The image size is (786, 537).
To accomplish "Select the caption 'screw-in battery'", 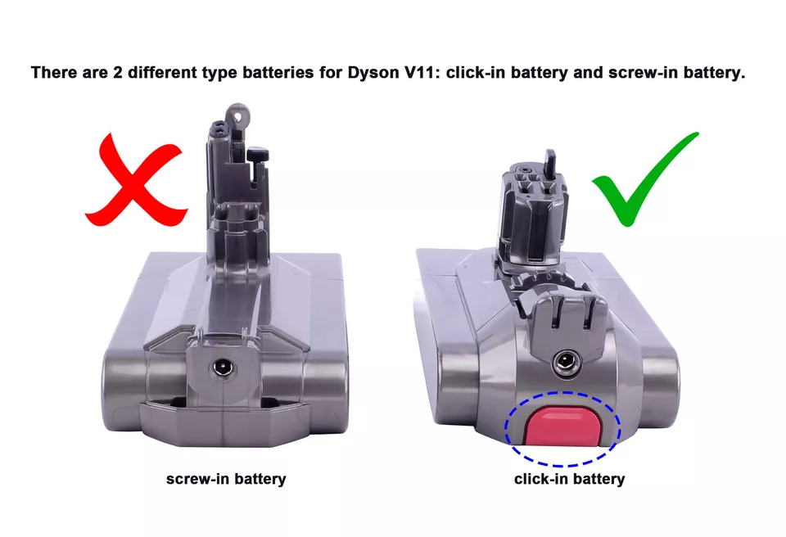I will pos(226,479).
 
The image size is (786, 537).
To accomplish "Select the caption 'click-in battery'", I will pos(569,479).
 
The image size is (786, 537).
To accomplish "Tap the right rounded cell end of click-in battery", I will pos(662,385).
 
